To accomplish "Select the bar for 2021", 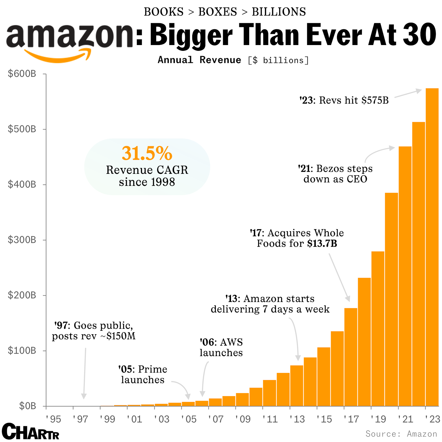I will pos(405,276).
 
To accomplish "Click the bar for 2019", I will pos(378,329).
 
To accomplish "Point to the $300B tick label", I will pos(22,240).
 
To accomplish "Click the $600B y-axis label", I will pos(22,74).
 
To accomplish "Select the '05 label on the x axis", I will pos(189,419).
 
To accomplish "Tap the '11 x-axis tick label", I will pos(270,419).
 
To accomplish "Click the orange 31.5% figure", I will pos(147,153).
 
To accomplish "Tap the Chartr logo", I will pos(30,432).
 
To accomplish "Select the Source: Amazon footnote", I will pos(401,434).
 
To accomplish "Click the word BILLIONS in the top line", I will pos(279,12).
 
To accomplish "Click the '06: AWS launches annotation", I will pos(221,347).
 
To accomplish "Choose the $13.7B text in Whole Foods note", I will pos(322,244).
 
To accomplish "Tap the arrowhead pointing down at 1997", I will pos(84,396).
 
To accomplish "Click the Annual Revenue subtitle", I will pos(199,60).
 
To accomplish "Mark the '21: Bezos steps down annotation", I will pos(335,174).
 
